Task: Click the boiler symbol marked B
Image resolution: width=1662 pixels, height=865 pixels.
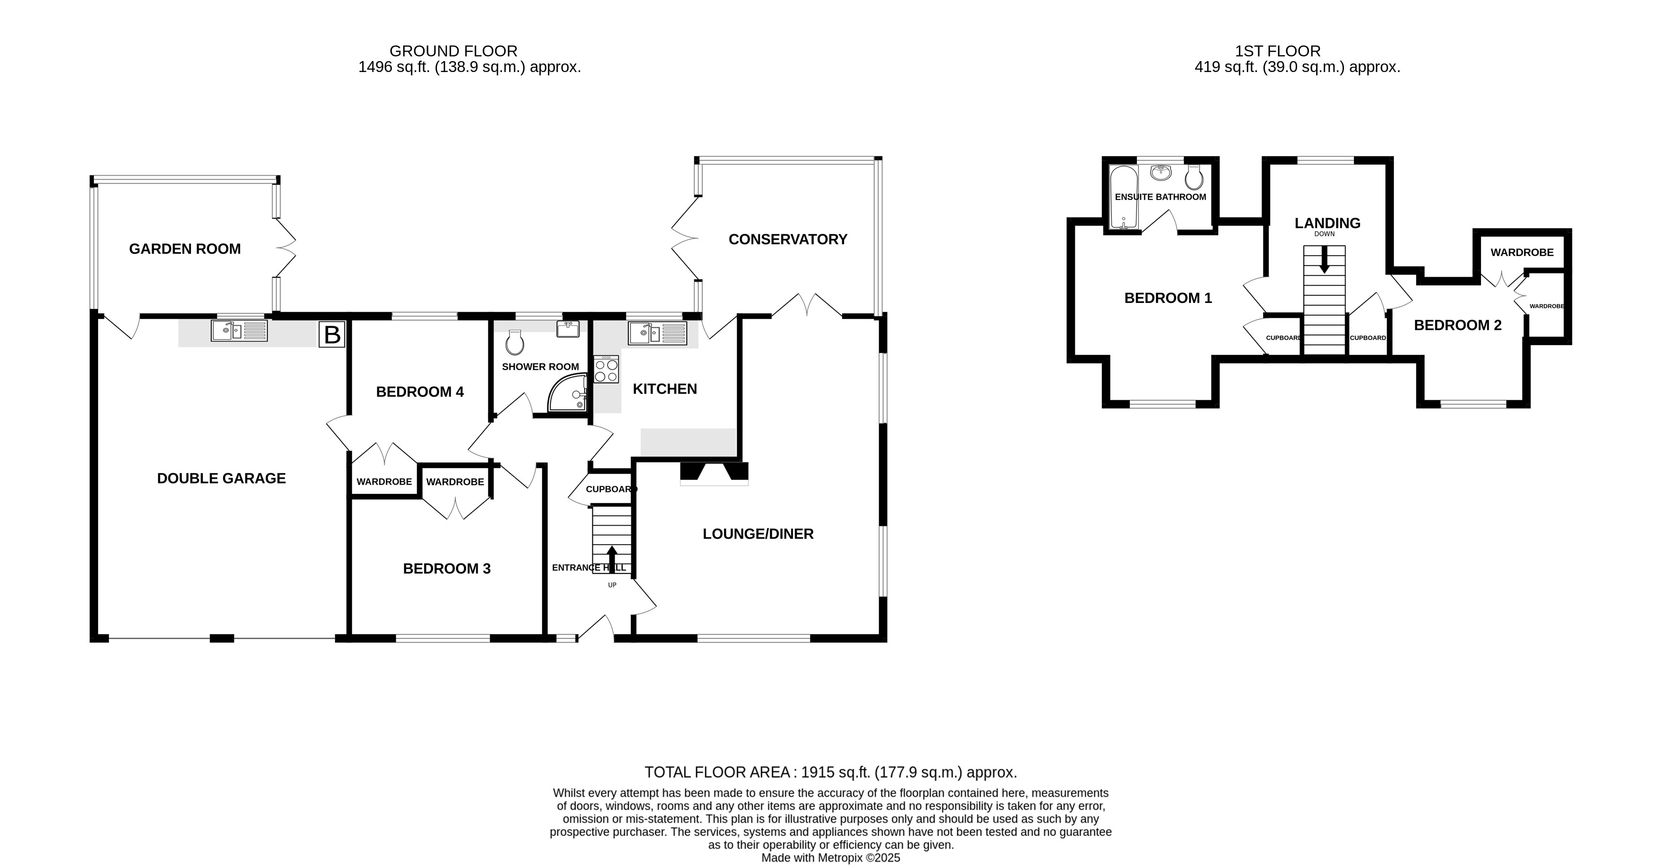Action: pyautogui.click(x=332, y=334)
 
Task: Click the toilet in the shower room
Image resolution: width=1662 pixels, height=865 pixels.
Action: pyautogui.click(x=514, y=343)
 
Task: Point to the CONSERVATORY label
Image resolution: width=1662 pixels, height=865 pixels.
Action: pyautogui.click(x=788, y=239)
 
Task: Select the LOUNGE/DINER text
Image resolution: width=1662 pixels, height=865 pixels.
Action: pyautogui.click(x=758, y=534)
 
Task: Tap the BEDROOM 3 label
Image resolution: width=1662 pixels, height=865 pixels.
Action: pyautogui.click(x=446, y=569)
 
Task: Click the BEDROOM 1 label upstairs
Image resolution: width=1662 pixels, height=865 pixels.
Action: pyautogui.click(x=1168, y=298)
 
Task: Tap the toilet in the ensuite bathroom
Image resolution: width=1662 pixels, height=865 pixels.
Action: pyautogui.click(x=1194, y=177)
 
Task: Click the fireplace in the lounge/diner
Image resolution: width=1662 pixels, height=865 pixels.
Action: pyautogui.click(x=714, y=473)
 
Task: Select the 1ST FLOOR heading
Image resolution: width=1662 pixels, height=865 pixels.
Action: pyautogui.click(x=1278, y=51)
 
